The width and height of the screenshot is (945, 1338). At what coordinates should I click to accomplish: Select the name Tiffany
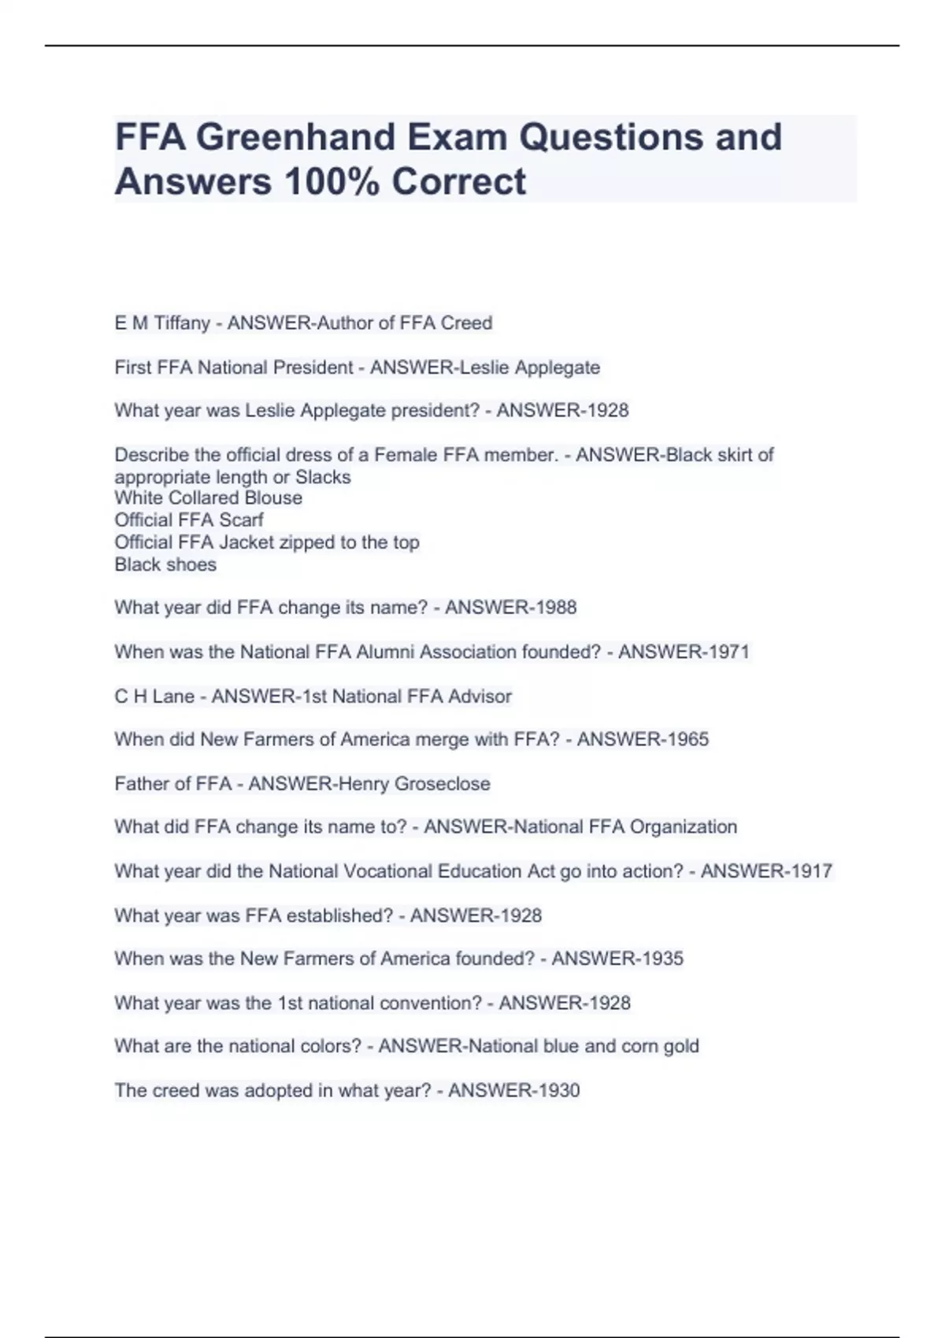click(181, 323)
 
